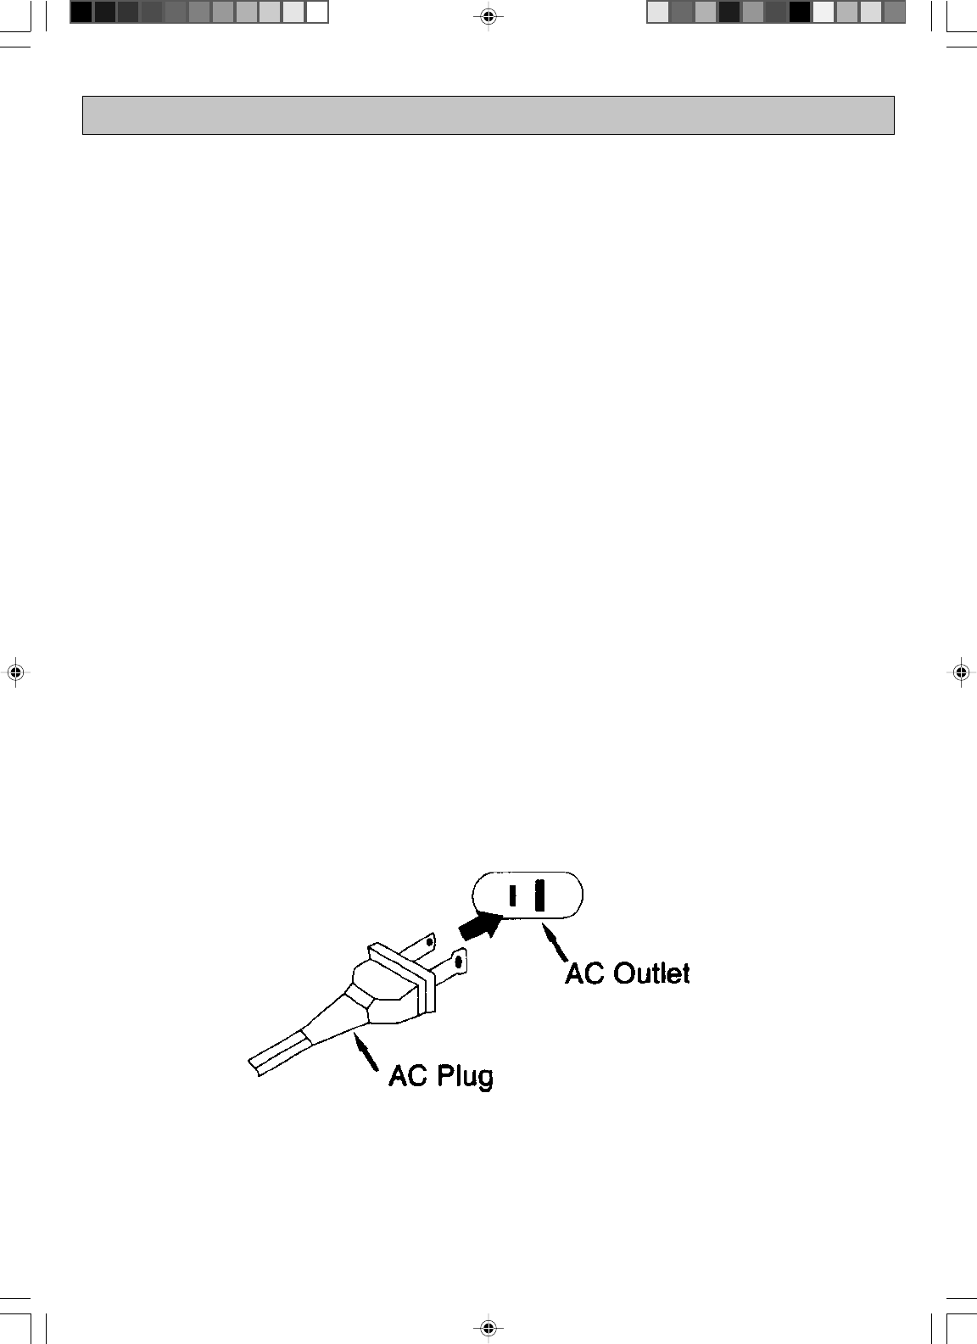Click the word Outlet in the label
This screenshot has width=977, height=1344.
[x=651, y=973]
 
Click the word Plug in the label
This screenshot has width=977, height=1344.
[x=466, y=1076]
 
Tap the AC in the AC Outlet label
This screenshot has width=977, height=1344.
[x=585, y=973]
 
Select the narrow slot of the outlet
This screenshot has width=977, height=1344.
[x=512, y=895]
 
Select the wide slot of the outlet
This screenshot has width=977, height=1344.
[x=539, y=895]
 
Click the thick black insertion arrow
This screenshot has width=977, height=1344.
[x=478, y=926]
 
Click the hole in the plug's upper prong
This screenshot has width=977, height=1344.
[x=430, y=941]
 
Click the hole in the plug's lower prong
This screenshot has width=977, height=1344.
[x=460, y=962]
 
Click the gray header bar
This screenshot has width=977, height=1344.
[x=488, y=115]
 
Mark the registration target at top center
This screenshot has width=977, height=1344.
[x=488, y=16]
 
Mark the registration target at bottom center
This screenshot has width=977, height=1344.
[x=488, y=1328]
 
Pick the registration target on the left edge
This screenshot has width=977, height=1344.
[x=14, y=672]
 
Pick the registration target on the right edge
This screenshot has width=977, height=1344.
[x=960, y=672]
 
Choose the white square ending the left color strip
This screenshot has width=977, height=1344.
[x=316, y=12]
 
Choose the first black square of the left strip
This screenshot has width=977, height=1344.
[x=81, y=12]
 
